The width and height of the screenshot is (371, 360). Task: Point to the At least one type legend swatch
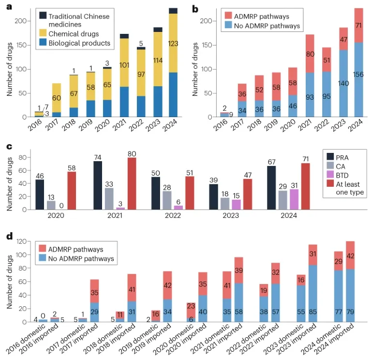tap(331, 184)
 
